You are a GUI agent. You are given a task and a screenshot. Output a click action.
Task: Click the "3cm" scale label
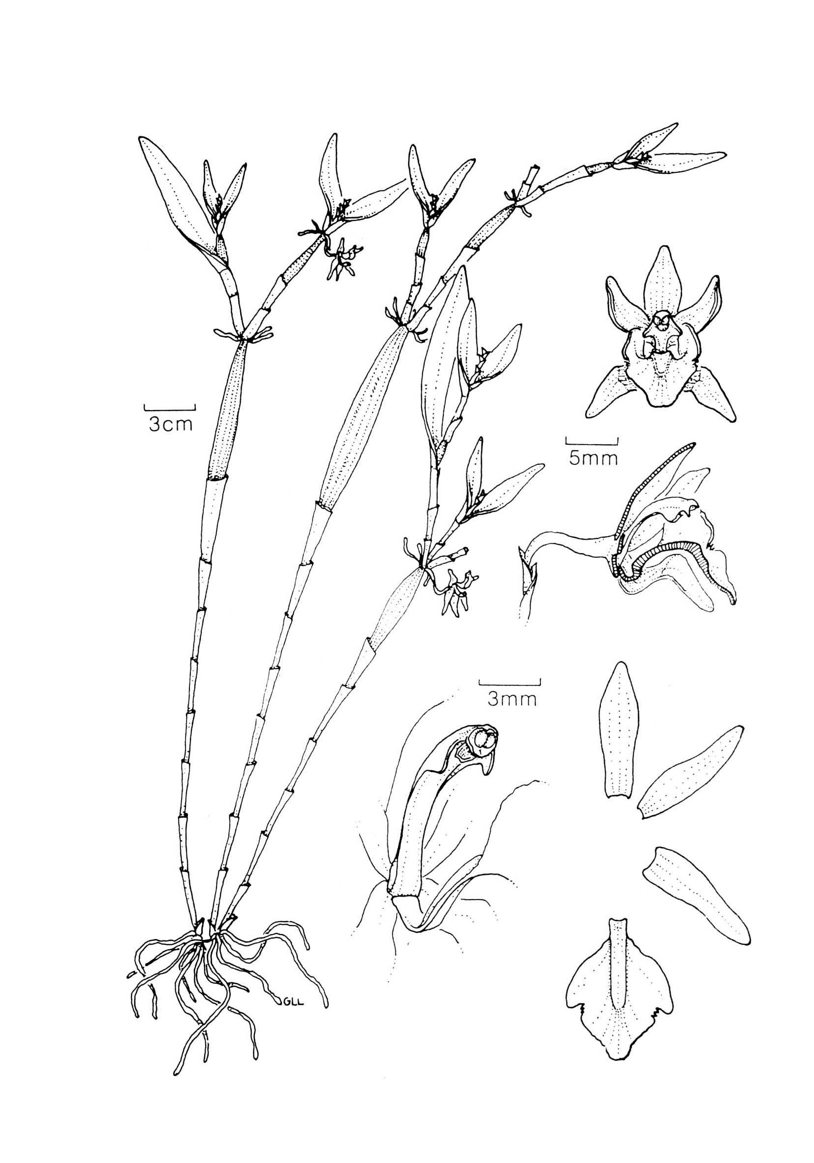point(171,424)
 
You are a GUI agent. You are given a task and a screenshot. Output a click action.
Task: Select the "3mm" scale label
point(511,700)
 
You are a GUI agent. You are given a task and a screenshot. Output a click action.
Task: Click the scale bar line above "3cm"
point(170,408)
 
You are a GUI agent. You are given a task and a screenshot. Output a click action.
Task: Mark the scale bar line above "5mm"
point(592,441)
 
